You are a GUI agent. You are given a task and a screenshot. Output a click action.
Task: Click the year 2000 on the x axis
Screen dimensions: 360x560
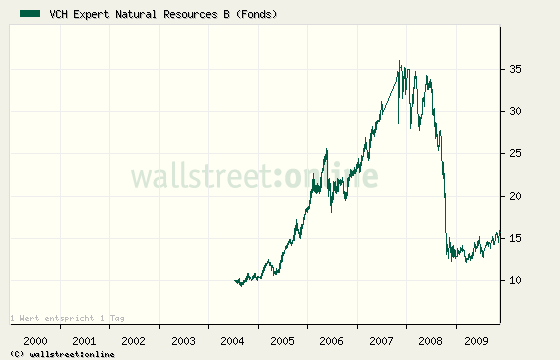click(x=35, y=341)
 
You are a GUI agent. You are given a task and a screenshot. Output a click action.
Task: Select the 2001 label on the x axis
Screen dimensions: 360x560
click(x=85, y=341)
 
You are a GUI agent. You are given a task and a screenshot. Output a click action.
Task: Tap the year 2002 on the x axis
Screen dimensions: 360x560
click(x=134, y=341)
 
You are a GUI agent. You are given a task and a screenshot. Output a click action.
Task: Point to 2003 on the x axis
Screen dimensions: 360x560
click(x=184, y=341)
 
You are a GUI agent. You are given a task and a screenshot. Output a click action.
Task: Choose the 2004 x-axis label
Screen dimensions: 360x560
click(x=233, y=341)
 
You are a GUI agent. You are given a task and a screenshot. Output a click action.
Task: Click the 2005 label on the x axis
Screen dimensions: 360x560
click(x=283, y=341)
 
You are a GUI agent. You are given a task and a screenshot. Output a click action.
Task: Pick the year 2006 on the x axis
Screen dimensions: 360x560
click(x=332, y=341)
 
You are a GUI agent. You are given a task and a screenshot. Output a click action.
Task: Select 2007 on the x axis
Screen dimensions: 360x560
click(x=382, y=341)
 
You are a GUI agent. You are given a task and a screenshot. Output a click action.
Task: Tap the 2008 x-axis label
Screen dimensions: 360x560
click(x=431, y=341)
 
